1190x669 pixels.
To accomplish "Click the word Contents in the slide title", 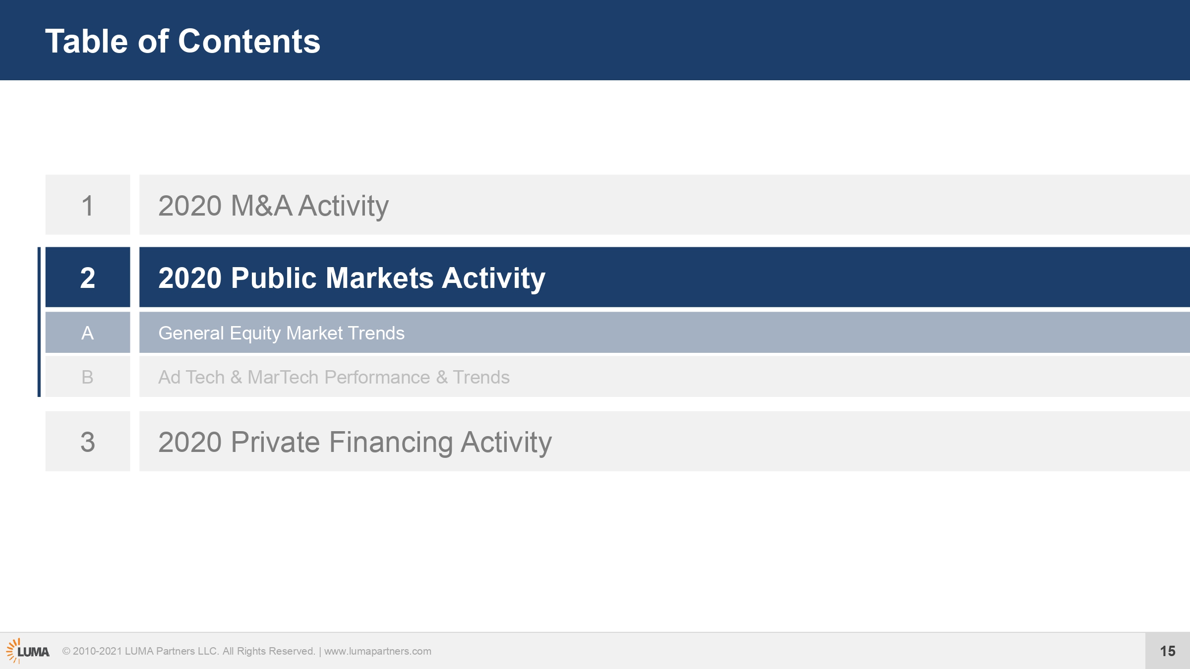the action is tap(249, 41).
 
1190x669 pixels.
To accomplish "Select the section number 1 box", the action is tap(88, 205).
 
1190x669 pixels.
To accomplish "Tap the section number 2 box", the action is tap(88, 277).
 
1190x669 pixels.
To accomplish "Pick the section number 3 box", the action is tap(88, 441).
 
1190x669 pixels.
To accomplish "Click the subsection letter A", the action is tap(88, 333).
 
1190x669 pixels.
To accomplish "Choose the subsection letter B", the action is tap(88, 377).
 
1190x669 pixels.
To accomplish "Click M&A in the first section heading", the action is tap(261, 206).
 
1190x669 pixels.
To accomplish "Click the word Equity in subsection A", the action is tap(255, 334).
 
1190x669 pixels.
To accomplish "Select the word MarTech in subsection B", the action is tap(283, 377).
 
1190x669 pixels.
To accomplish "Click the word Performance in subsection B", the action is tap(377, 378).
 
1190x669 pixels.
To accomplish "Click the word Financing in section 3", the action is tap(391, 442).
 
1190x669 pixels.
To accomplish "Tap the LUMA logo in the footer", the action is tap(28, 651).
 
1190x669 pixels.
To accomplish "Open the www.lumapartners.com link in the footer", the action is tap(378, 651).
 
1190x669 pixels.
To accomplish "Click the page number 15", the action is tap(1168, 651).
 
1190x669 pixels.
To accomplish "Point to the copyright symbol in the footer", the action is tap(66, 651).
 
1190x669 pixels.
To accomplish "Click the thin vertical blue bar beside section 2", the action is tap(39, 322).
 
